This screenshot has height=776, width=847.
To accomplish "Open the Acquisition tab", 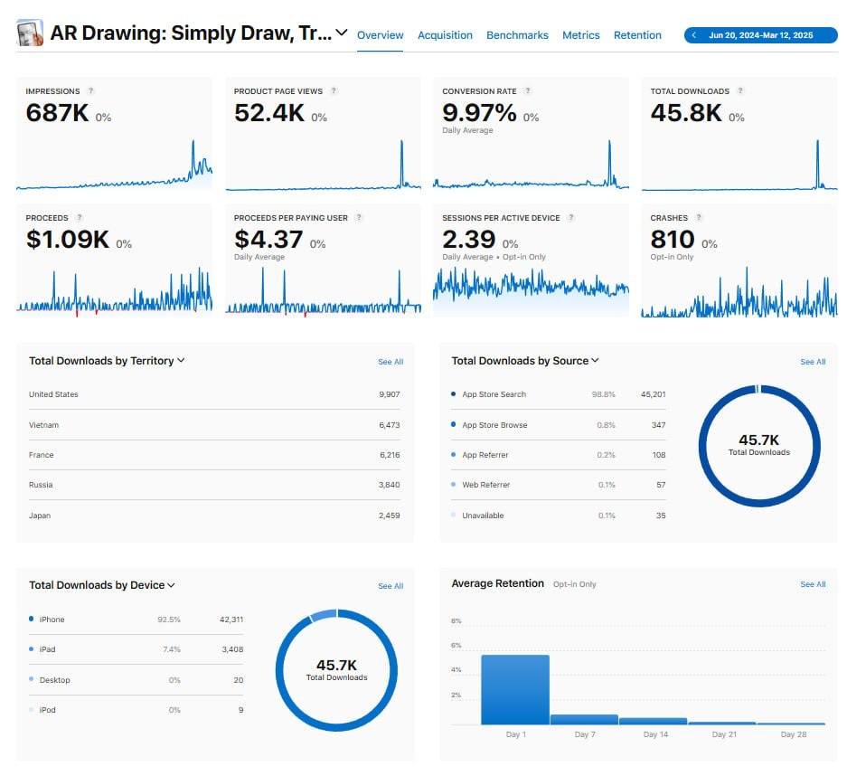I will point(445,35).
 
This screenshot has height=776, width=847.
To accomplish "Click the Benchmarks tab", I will point(517,35).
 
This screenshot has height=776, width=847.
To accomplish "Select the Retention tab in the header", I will point(637,35).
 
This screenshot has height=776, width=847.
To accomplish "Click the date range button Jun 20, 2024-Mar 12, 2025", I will point(760,35).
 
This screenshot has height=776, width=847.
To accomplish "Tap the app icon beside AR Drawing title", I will point(30,33).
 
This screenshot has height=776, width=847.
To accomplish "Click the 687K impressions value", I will point(57,112).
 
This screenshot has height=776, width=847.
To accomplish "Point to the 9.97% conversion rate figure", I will point(479,112).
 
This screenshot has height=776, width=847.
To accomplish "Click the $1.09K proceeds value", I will point(67,239).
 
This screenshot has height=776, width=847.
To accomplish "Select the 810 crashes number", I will point(673,239).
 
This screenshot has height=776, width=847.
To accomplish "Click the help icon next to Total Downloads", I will point(740,91).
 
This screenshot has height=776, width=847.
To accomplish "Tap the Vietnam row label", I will point(43,425).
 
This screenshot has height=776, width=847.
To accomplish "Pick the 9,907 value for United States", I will point(390,394).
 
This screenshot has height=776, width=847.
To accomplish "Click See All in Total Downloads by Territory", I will point(391,362).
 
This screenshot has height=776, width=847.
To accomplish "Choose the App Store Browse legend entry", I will point(494,425).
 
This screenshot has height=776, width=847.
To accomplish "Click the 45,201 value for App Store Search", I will point(653,394).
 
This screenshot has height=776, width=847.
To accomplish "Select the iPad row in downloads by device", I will point(47,649).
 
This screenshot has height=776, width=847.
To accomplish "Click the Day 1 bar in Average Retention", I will point(514,689).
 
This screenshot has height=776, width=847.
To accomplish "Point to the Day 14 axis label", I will point(655,734).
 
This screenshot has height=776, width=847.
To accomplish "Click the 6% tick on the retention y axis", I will point(456,646).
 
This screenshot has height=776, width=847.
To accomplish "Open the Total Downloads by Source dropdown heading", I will point(525,361).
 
